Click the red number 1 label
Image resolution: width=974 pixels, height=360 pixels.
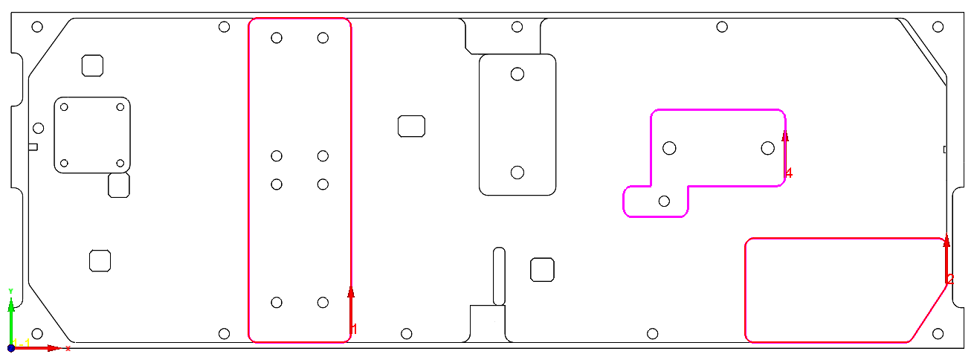[x=355, y=328]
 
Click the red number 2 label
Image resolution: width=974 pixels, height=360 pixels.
[x=950, y=279]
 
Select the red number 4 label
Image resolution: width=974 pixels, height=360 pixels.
[x=789, y=173]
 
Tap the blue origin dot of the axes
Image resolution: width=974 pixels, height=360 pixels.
[x=11, y=347]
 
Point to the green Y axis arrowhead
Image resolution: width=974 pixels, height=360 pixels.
[x=10, y=303]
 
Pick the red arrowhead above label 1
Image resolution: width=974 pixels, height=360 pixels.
[x=351, y=292]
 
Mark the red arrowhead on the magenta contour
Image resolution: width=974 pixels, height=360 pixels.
[x=785, y=135]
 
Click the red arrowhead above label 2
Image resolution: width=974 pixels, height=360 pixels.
[x=946, y=240]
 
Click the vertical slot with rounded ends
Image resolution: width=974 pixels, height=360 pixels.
[x=499, y=276]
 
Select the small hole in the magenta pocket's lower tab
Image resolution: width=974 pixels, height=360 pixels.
[x=665, y=201]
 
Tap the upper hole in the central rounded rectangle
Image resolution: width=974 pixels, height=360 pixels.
[x=517, y=74]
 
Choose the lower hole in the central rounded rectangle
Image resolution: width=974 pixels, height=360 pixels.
[x=517, y=173]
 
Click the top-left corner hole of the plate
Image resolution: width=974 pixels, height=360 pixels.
[x=37, y=28]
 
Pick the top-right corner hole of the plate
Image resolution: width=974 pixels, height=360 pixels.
[x=938, y=28]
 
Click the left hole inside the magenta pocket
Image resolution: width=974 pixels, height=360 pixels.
[x=669, y=148]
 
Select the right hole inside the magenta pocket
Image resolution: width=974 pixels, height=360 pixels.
[x=768, y=148]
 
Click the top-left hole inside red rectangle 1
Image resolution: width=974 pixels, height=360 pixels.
[x=277, y=38]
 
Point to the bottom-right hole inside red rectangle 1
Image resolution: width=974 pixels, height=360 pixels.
[x=323, y=302]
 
